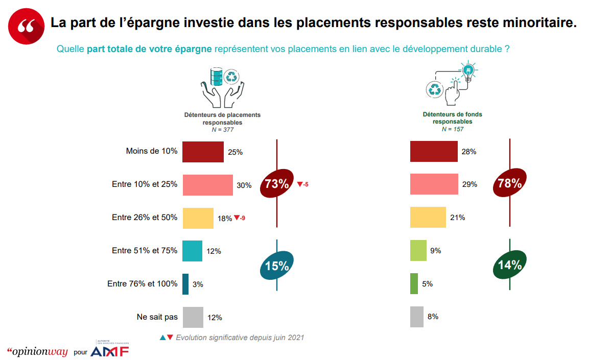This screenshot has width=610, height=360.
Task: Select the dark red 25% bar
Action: [x=203, y=152]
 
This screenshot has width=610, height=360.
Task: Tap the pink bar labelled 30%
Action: [x=207, y=185]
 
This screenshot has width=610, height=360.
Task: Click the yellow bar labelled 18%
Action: [x=198, y=218]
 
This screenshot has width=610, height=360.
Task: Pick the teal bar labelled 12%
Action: [x=192, y=251]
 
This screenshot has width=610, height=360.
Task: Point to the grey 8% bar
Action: [x=417, y=317]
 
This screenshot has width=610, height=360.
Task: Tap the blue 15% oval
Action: [x=277, y=266]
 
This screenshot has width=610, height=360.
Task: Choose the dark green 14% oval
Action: [x=509, y=265]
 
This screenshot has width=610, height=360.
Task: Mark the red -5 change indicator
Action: [x=303, y=184]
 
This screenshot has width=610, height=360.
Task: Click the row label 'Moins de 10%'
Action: [x=151, y=151]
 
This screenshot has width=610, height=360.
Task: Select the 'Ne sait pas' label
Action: [x=157, y=317]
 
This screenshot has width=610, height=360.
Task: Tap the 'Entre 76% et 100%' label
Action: [x=142, y=284]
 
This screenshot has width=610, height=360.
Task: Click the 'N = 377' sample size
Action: [x=222, y=130]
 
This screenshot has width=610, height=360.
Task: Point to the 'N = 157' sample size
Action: [x=452, y=129]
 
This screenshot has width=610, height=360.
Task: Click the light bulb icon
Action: [x=467, y=69]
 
